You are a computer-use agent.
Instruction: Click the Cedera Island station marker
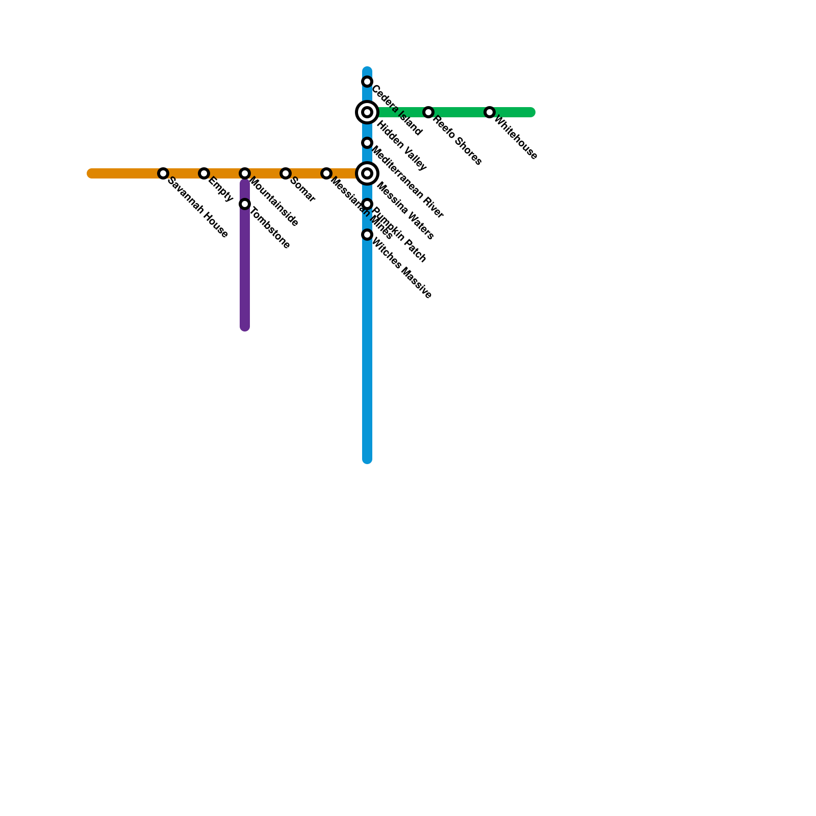point(367,82)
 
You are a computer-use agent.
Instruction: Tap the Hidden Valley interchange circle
point(367,112)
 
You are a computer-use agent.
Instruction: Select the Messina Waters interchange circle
point(367,173)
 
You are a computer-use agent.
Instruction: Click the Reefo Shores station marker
point(428,112)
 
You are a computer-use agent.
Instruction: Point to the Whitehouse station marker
point(490,112)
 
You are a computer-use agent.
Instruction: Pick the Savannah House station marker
point(163,173)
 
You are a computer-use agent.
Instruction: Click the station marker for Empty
point(204,173)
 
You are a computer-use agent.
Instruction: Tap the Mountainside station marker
point(245,173)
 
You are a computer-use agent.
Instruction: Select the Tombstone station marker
point(245,204)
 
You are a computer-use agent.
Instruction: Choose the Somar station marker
point(286,173)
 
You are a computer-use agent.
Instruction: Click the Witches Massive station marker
point(367,235)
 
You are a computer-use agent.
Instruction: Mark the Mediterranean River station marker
point(367,143)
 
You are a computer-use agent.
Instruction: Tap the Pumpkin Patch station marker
point(367,204)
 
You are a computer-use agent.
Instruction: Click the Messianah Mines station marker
point(326,173)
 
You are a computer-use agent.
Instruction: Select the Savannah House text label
point(197,207)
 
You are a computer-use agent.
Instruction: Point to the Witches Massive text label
point(402,268)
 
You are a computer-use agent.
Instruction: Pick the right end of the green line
point(531,112)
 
